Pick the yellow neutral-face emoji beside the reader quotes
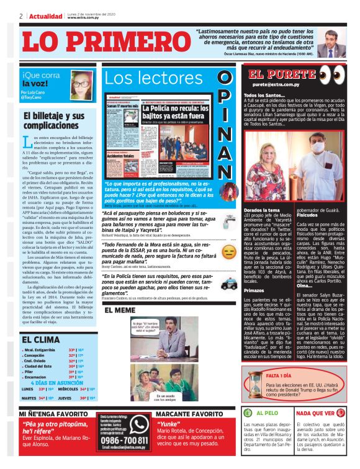coord(228,252)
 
